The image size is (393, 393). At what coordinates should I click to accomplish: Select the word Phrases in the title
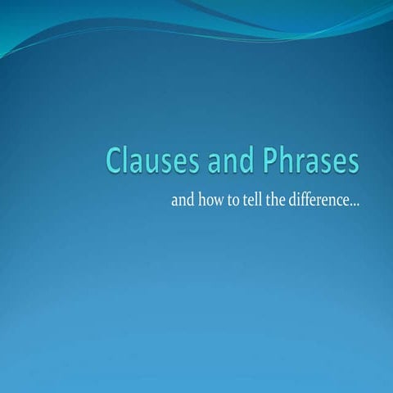tap(310, 160)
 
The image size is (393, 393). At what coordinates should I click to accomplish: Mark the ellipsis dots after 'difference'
tap(355, 203)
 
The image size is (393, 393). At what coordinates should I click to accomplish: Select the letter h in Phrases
tap(286, 160)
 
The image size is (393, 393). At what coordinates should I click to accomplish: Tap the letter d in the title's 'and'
tap(237, 160)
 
